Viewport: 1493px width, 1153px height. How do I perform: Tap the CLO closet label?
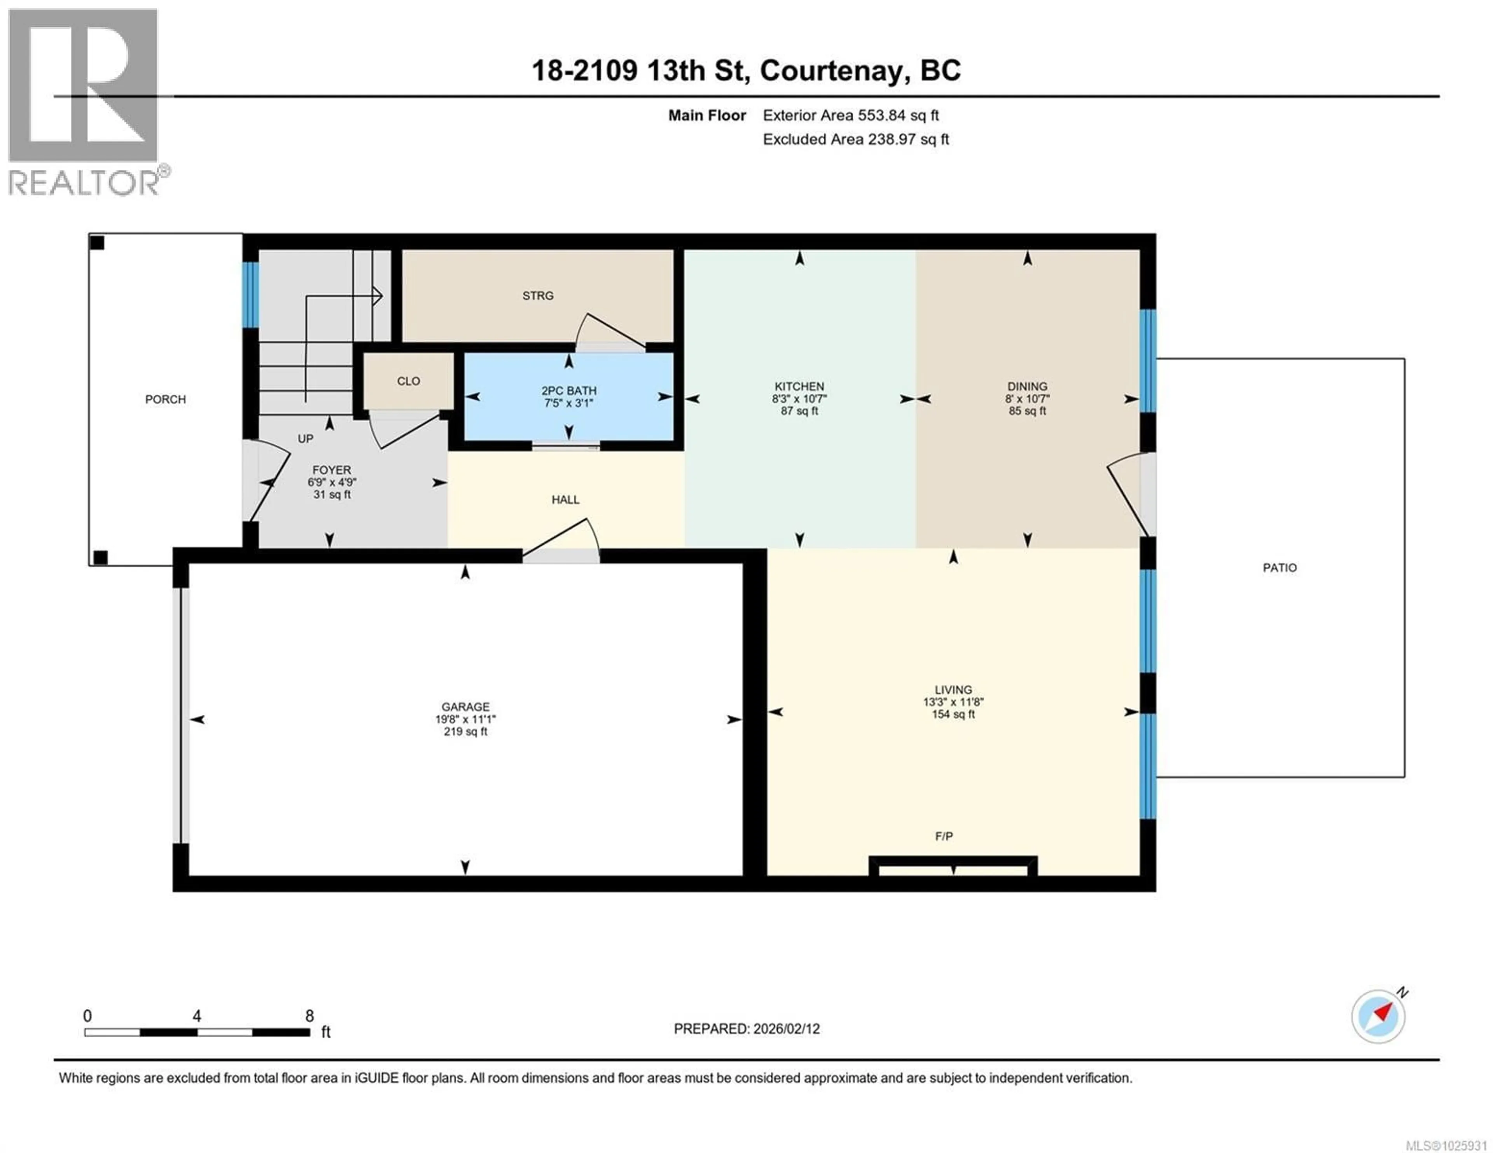coord(408,381)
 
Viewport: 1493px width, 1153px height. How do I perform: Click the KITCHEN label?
coord(799,386)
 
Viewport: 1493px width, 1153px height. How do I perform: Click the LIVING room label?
coord(953,690)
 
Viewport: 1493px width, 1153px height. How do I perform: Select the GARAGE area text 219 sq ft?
coord(465,731)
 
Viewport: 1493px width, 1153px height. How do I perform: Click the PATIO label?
coord(1279,567)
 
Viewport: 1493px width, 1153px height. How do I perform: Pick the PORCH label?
coord(165,399)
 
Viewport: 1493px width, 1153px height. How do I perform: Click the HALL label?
coord(565,500)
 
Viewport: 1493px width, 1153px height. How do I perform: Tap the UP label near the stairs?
coord(306,439)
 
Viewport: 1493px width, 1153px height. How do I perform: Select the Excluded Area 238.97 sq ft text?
coord(856,140)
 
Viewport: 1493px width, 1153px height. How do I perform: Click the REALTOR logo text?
coord(84,183)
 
